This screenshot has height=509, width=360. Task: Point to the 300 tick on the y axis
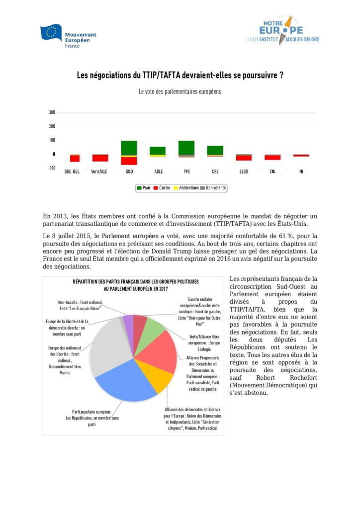[52, 113]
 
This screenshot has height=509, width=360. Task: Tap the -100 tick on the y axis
[51, 168]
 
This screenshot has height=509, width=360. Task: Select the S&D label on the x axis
[129, 172]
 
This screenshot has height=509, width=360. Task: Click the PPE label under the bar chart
[186, 172]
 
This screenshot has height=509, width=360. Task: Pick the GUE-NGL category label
[72, 172]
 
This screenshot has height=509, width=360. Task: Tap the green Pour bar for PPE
[186, 148]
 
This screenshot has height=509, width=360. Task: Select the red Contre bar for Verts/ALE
[100, 158]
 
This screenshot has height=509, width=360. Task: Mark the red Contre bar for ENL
[272, 157]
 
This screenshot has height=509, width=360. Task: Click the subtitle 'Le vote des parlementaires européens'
[180, 91]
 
